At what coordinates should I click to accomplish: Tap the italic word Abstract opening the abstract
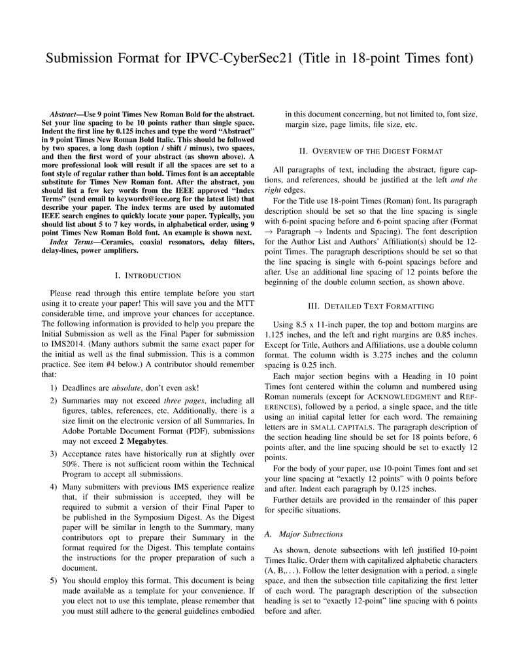click(64, 114)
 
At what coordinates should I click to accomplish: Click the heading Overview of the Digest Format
click(371, 151)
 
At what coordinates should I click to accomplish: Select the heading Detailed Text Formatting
click(371, 305)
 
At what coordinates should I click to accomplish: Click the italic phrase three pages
click(183, 400)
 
